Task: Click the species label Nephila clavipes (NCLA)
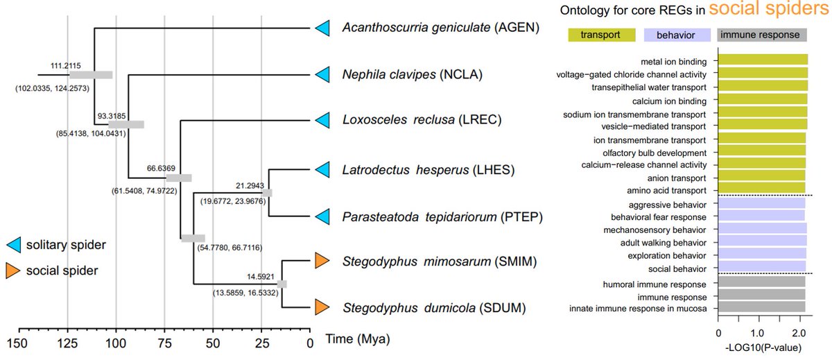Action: tap(413, 74)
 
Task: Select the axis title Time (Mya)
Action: tap(359, 340)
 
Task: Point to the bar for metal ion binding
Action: tap(763, 61)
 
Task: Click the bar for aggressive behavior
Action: tap(761, 205)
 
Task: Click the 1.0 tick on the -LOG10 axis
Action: tap(759, 332)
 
